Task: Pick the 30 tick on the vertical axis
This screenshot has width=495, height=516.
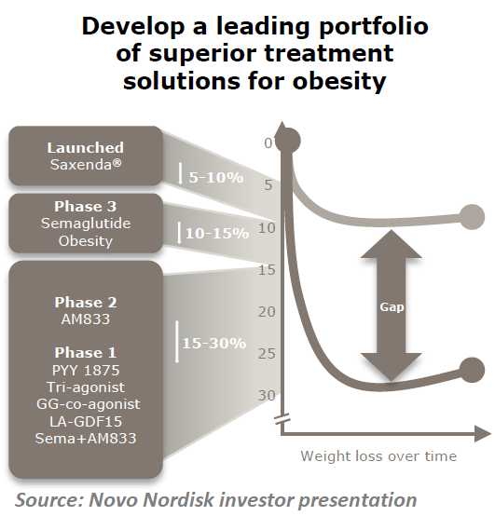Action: tap(268, 395)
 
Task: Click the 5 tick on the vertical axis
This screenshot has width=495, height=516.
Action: tap(269, 185)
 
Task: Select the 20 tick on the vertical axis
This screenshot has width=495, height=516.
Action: tap(268, 311)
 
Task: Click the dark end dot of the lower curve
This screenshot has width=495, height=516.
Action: tap(472, 368)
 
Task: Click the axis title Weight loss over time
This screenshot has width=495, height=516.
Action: tap(378, 455)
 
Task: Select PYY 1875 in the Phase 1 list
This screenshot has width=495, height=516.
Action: tap(85, 370)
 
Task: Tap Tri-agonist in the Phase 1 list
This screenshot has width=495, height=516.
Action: tap(85, 387)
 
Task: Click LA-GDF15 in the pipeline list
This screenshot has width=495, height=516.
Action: tap(85, 420)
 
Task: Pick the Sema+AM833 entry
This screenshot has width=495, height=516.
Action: tap(85, 437)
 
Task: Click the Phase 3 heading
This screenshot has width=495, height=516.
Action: tap(85, 207)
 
